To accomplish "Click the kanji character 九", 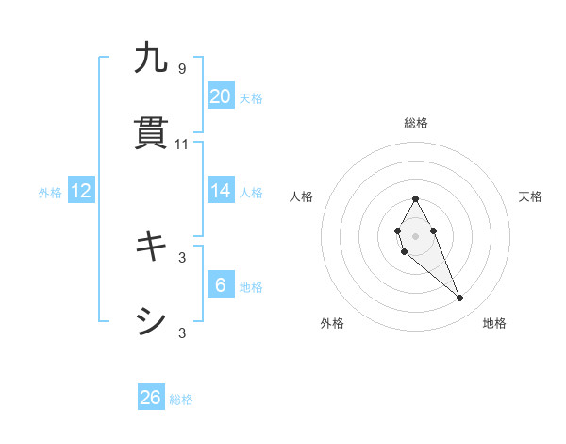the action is [151, 58].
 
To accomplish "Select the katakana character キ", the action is [151, 247].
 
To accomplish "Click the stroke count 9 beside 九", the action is [182, 68].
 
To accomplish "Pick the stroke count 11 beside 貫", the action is [182, 145].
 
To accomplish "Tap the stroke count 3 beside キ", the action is [182, 257].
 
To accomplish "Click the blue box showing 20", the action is [221, 96].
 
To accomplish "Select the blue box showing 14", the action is [221, 191].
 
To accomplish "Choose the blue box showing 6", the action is [221, 285].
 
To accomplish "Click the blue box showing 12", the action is [81, 191].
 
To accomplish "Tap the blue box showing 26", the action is [151, 398].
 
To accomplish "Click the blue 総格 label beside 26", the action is [181, 400].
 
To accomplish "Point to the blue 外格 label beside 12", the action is [50, 193].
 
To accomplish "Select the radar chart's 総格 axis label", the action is [415, 123].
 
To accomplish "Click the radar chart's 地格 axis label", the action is [494, 323].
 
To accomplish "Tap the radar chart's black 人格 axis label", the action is [302, 196].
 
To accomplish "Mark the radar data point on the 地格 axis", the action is [460, 299].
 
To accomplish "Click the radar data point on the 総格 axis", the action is [415, 198].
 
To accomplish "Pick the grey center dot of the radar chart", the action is [415, 235].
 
